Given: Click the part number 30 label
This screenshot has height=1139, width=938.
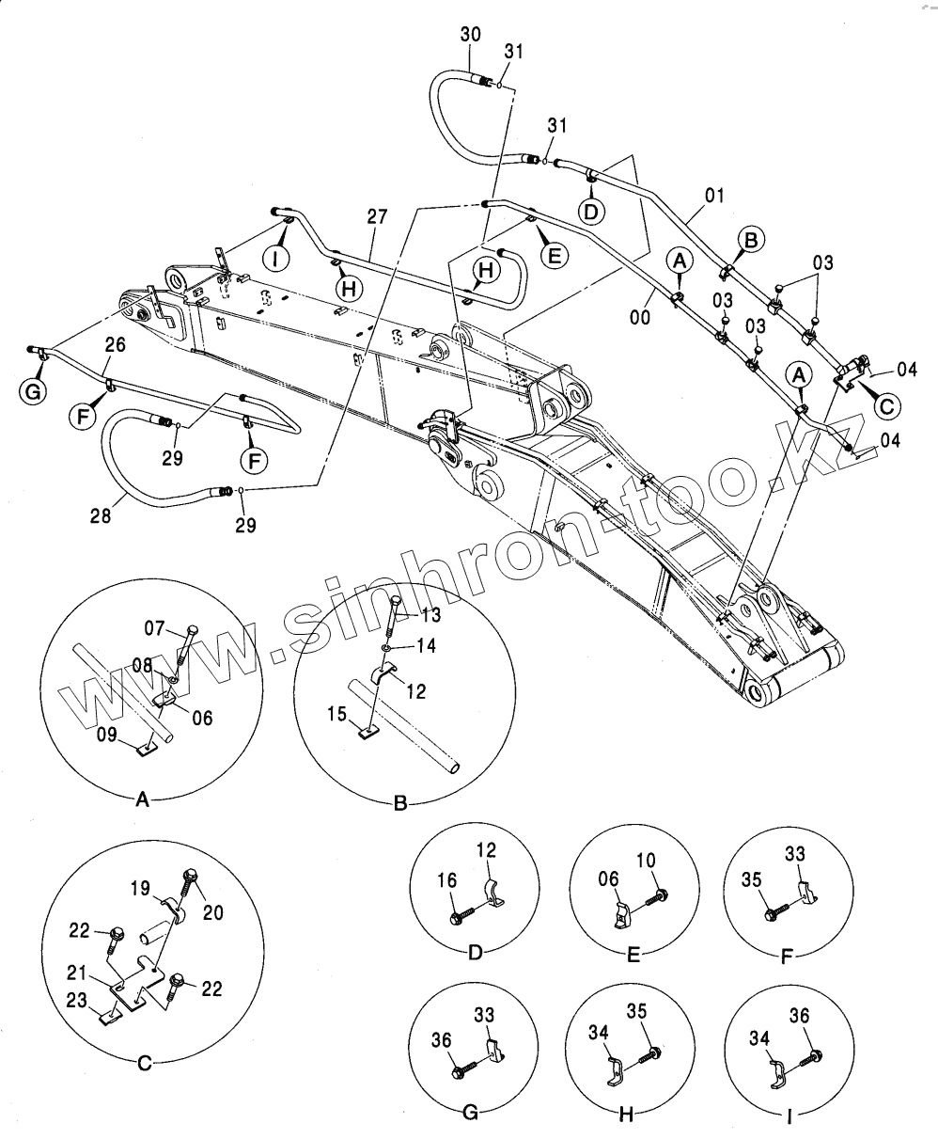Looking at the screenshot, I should tap(471, 34).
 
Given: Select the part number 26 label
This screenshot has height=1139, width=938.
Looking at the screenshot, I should tap(114, 345).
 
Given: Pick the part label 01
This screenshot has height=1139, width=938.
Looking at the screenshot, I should tap(714, 197).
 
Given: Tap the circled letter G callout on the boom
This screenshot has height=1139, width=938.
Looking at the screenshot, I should tap(34, 392).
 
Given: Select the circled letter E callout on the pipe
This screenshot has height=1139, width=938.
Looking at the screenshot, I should tap(554, 253).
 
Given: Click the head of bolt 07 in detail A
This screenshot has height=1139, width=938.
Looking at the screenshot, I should tap(194, 630).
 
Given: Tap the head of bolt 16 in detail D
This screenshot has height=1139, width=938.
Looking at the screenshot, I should tap(457, 913).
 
